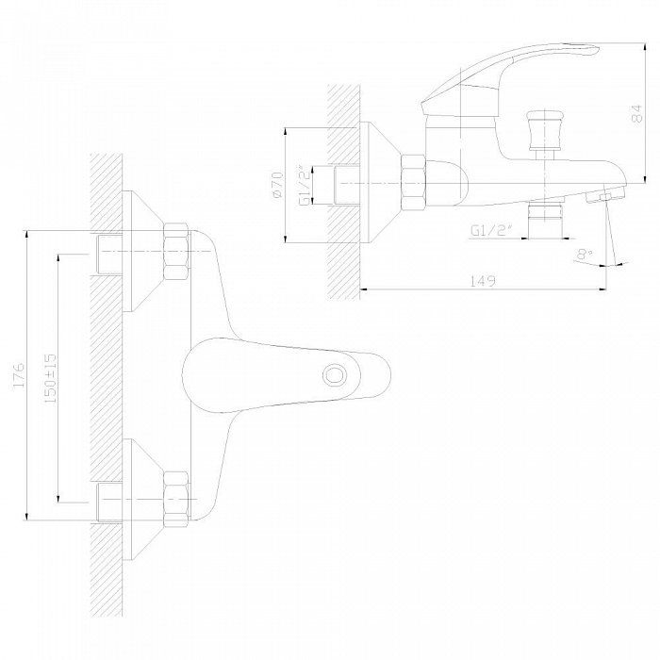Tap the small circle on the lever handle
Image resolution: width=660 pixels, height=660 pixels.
(x=335, y=374)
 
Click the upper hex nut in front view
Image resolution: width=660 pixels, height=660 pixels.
(x=176, y=254)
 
